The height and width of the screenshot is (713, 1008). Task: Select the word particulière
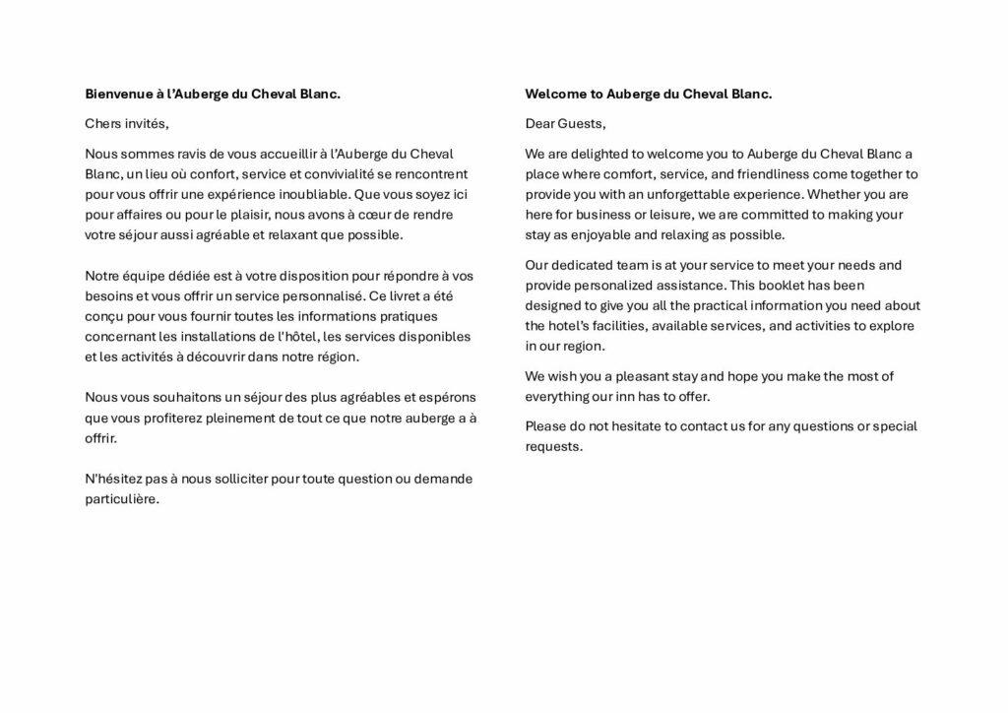[122, 499]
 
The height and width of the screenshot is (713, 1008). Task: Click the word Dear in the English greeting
[540, 124]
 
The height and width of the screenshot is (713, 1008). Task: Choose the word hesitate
[633, 426]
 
